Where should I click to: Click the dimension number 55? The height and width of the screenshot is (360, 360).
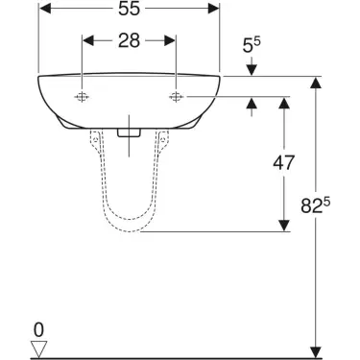130,9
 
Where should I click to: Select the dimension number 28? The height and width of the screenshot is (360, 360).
130,40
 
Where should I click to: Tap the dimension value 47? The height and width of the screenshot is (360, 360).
283,162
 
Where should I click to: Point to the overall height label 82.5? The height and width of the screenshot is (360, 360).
315,205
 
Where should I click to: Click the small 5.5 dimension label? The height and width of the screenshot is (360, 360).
252,45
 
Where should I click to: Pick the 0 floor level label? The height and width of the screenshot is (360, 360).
38,330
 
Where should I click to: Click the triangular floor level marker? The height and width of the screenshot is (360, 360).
38,348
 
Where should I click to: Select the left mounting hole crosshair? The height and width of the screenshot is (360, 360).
82,97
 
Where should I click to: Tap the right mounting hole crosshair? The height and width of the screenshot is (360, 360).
176,96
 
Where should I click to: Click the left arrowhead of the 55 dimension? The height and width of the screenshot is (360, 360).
45,9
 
